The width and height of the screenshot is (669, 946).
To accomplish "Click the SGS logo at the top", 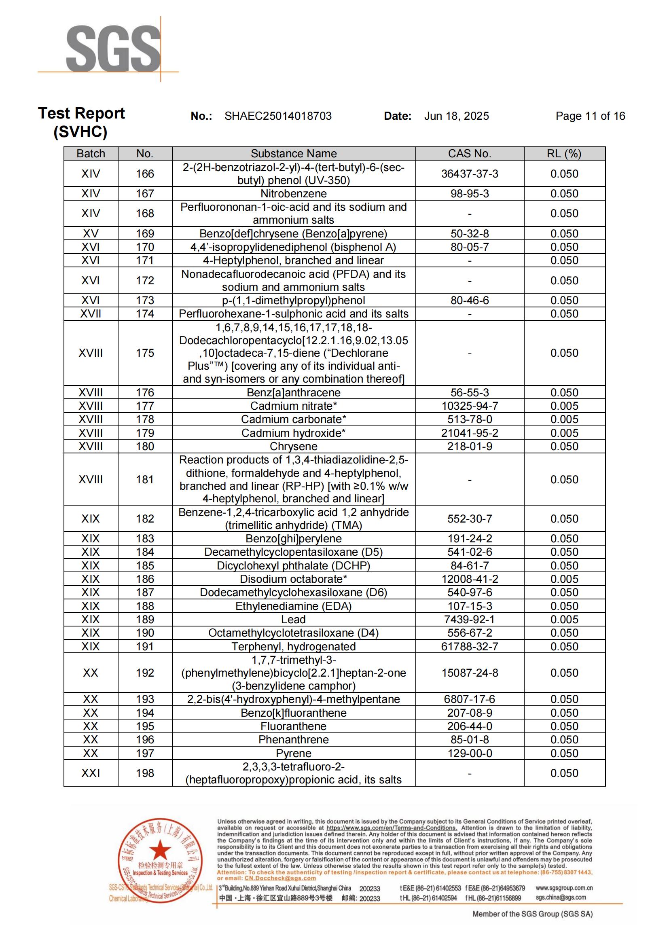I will pyautogui.click(x=113, y=49).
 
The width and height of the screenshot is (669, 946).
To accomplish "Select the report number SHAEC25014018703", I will pyautogui.click(x=277, y=116).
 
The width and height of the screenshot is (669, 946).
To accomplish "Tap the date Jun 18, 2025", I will pyautogui.click(x=456, y=116).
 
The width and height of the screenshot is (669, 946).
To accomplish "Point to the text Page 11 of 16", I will pyautogui.click(x=590, y=116).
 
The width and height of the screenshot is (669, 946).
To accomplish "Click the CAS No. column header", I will pyautogui.click(x=470, y=154).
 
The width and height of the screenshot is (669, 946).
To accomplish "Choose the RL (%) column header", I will pyautogui.click(x=564, y=154).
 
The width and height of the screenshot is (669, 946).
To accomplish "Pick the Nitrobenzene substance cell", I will pyautogui.click(x=293, y=194).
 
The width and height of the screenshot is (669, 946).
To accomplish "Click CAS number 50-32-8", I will pyautogui.click(x=470, y=234).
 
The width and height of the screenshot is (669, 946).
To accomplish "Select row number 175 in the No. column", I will pyautogui.click(x=145, y=353).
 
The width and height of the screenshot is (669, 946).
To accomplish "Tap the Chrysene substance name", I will pyautogui.click(x=293, y=447).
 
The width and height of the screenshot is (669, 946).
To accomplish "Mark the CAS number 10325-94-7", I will pyautogui.click(x=470, y=406).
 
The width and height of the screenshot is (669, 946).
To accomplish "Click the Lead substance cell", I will pyautogui.click(x=293, y=620).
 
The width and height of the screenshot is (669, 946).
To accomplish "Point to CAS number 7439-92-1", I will pyautogui.click(x=470, y=620).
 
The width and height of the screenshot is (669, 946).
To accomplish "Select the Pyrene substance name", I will pyautogui.click(x=293, y=753).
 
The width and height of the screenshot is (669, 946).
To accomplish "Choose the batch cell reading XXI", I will pyautogui.click(x=91, y=773).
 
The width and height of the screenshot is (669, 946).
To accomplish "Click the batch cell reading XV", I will pyautogui.click(x=91, y=234).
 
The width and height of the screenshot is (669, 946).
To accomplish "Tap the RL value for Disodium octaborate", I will pyautogui.click(x=564, y=579).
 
